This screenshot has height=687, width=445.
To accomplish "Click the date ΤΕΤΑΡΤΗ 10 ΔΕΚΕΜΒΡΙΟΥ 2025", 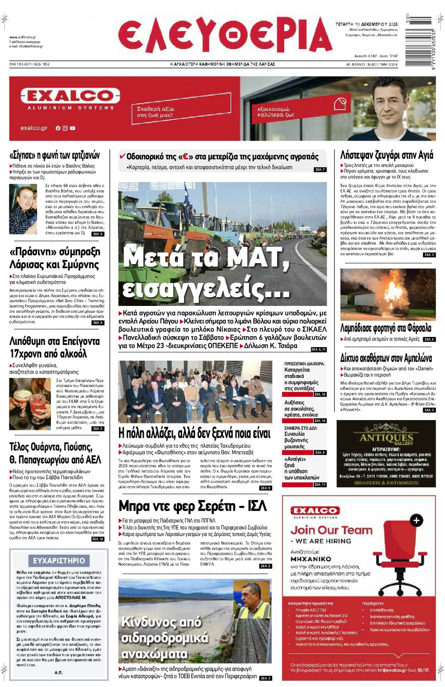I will (366, 24).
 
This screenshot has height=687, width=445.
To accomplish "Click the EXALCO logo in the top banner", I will (70, 96).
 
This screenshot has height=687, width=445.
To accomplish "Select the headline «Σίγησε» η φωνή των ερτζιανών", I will (55, 155).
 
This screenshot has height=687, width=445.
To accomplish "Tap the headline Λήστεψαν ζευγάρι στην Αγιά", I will (387, 155).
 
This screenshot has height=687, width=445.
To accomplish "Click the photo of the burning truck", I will (388, 294).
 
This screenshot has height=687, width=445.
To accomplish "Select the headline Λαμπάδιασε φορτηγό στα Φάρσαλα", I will (386, 328).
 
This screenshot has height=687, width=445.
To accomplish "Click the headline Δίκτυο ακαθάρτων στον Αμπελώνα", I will (386, 358).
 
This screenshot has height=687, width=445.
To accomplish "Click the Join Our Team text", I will (331, 530).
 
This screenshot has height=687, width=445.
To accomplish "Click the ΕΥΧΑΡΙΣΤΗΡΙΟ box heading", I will (59, 561).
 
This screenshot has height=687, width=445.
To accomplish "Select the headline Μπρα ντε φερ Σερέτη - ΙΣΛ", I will (192, 506).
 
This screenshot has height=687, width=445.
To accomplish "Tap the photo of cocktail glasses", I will (30, 403).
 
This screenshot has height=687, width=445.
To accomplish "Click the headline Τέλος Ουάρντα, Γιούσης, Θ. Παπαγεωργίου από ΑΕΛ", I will (55, 453).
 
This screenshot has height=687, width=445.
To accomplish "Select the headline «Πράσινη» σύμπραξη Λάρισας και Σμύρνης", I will (54, 258).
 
